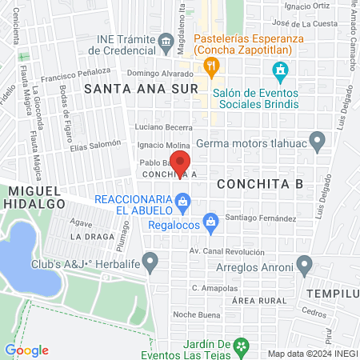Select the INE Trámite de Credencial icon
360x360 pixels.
165,40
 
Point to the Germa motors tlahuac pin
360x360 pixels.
318,143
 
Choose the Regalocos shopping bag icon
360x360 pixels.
210,220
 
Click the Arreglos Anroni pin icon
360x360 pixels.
304,263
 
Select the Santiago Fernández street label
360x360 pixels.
261,218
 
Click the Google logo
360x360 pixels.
26,350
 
